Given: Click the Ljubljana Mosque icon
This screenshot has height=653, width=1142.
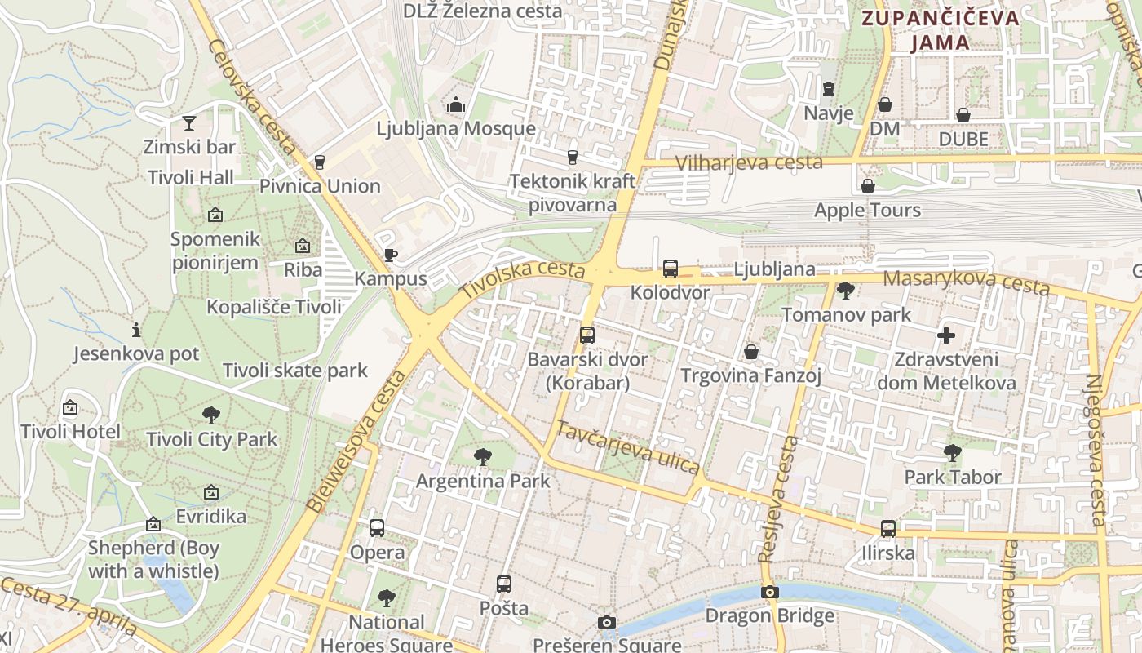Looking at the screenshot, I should click(x=456, y=104).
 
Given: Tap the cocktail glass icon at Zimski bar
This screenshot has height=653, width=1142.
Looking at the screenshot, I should click(x=189, y=123).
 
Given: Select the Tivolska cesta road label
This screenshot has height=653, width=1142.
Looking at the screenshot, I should click(x=522, y=278).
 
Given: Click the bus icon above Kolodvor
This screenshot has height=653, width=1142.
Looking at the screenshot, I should click(x=671, y=268).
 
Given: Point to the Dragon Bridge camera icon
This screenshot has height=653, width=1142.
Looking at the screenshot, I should click(x=769, y=592).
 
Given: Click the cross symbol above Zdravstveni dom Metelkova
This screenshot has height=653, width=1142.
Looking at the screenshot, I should click(x=946, y=335).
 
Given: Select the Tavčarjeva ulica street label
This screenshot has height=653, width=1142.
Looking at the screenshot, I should click(x=627, y=447).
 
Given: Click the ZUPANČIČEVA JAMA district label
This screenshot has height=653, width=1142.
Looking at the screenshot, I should click(x=940, y=30).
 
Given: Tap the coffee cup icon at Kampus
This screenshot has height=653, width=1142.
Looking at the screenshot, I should click(x=391, y=255).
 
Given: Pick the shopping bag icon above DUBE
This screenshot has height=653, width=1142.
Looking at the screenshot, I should click(x=963, y=115).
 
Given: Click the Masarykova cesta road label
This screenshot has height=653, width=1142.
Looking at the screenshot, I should click(x=966, y=282).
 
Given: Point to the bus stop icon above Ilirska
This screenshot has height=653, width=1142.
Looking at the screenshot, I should click(x=888, y=529).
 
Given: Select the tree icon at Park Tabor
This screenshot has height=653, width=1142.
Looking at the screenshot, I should click(x=952, y=452).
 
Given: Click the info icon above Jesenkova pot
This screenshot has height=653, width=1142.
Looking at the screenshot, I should click(x=136, y=330).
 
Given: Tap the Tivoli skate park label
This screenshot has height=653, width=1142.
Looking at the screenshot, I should click(x=295, y=371).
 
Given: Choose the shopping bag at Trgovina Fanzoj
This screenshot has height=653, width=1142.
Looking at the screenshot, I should click(x=751, y=352).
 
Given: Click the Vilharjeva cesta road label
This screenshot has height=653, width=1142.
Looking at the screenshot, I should click(x=750, y=162).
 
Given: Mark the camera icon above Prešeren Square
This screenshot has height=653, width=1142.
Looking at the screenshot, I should click(x=606, y=623).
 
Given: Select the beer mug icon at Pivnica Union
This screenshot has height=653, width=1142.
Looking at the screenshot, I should click(x=320, y=162).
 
